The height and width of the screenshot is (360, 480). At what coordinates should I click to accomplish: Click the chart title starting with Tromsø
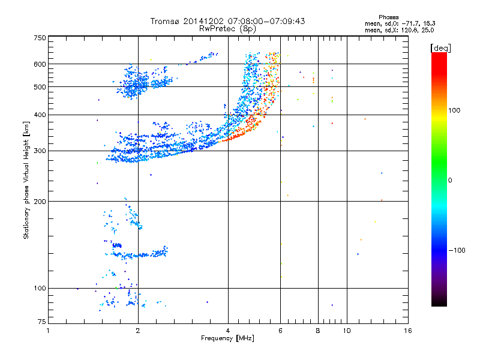tap(227, 21)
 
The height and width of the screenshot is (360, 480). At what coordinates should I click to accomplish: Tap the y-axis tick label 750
tap(40, 38)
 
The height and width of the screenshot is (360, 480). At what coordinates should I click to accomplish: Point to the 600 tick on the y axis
tap(40, 64)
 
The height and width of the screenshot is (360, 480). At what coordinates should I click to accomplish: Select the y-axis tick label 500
tap(40, 87)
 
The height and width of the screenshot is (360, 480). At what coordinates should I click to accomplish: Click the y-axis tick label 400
tap(40, 115)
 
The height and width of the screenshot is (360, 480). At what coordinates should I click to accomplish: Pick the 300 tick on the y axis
tap(40, 151)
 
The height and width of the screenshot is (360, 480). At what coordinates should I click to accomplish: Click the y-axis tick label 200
tap(40, 202)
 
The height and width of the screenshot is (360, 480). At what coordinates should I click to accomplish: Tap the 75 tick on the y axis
tap(41, 324)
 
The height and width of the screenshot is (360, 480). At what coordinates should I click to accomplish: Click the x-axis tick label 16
tap(407, 331)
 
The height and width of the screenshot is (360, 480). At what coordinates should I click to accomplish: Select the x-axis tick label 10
tap(347, 331)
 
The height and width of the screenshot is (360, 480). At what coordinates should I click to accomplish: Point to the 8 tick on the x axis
tap(318, 331)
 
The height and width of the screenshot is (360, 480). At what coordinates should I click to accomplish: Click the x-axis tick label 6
tap(281, 331)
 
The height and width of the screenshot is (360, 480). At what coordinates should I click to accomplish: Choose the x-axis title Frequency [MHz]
tap(227, 339)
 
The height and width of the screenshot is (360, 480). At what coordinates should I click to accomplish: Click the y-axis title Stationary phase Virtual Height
tap(26, 181)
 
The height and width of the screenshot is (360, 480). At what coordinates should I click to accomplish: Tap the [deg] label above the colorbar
tap(441, 47)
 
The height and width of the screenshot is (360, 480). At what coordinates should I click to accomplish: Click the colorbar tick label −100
tap(458, 250)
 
